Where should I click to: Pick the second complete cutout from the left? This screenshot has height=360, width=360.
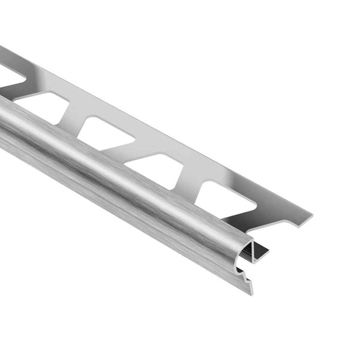105,133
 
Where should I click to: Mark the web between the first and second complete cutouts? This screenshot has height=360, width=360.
75,120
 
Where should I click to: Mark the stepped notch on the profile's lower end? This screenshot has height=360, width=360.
242,273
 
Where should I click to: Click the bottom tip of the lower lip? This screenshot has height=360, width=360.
251,293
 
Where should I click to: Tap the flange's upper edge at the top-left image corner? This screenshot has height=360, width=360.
3,48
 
